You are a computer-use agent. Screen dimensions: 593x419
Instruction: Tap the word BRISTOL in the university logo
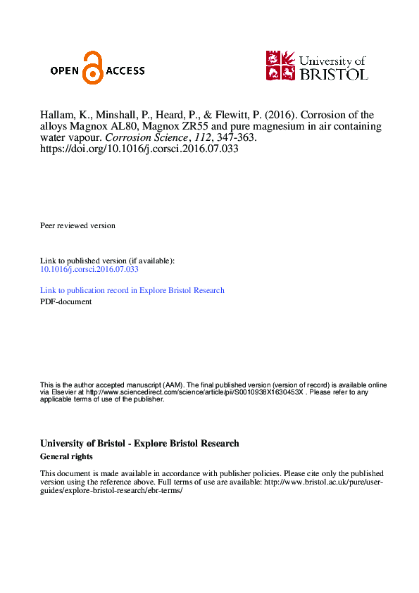pyautogui.click(x=333, y=73)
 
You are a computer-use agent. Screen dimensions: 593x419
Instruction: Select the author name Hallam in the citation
pyautogui.click(x=57, y=115)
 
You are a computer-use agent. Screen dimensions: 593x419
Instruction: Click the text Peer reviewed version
pyautogui.click(x=77, y=225)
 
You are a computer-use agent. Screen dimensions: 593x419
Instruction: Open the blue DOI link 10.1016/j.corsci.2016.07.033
pyautogui.click(x=89, y=269)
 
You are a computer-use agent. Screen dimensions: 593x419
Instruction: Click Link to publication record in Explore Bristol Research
pyautogui.click(x=132, y=290)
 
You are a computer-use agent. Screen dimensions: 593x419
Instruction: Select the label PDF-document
pyautogui.click(x=65, y=301)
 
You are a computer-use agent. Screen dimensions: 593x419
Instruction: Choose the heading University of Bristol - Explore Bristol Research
pyautogui.click(x=139, y=444)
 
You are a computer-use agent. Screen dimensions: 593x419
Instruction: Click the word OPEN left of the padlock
pyautogui.click(x=66, y=70)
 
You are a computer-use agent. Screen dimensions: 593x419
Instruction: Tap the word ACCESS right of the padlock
pyautogui.click(x=125, y=70)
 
